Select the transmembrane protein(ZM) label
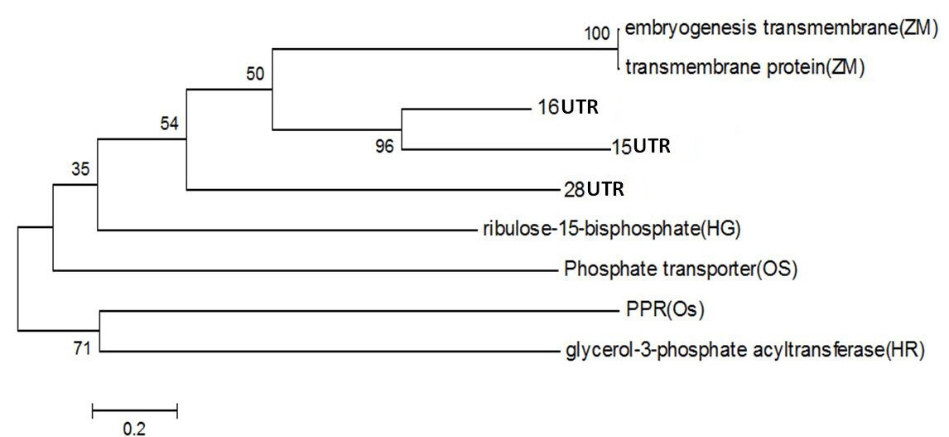[x=744, y=69]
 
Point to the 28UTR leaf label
[x=593, y=189]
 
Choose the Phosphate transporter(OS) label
[x=680, y=269]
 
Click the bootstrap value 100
[x=599, y=34]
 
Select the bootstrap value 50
[x=255, y=74]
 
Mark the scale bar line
[x=134, y=409]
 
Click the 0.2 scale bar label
[x=133, y=429]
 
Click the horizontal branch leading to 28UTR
[x=373, y=190]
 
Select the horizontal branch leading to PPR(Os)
[x=356, y=312]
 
